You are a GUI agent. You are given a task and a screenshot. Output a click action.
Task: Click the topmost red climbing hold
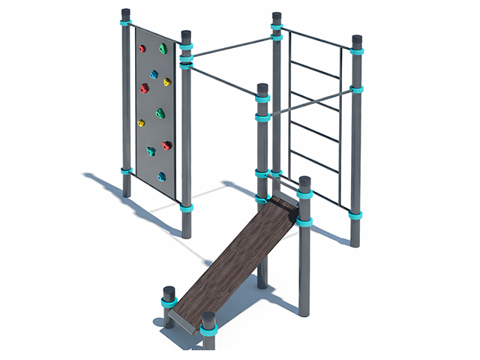point(142,49)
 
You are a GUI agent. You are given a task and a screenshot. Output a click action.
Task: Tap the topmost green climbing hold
point(163,49)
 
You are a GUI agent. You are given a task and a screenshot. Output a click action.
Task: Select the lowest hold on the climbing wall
point(161,177)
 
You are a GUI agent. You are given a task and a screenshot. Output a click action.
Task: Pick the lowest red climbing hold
point(166,145)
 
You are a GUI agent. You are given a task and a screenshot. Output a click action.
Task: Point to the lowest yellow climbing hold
point(140,123)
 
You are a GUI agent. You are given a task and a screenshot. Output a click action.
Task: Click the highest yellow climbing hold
point(167,82)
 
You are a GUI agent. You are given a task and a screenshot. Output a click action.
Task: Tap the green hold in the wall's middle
point(160,113)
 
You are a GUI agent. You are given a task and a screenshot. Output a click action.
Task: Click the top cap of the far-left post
point(125,13)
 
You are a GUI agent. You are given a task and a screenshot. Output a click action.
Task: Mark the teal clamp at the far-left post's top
point(125,23)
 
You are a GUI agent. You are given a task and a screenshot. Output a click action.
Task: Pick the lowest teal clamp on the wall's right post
point(186,208)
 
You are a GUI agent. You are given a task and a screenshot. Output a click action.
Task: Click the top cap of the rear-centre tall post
point(277,16)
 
